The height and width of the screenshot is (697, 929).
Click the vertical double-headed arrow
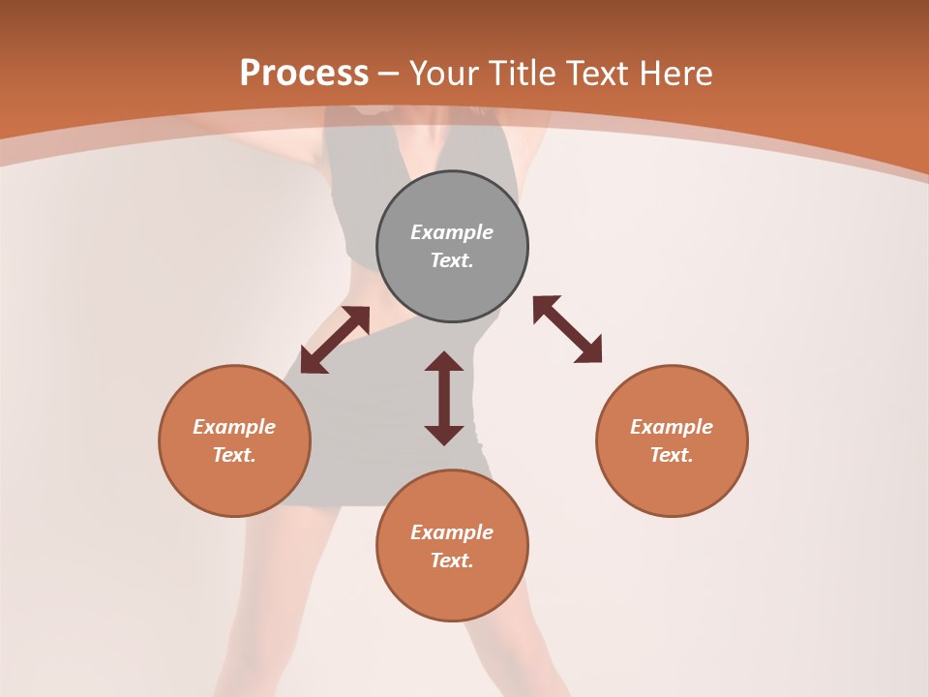(x=444, y=398)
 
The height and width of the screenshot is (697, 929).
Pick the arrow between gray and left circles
(x=335, y=340)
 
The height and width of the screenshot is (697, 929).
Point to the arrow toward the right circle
(x=567, y=329)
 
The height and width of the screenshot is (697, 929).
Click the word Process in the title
(x=304, y=73)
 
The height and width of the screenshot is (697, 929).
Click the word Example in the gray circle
(x=452, y=232)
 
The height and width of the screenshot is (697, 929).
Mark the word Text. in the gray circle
(x=452, y=260)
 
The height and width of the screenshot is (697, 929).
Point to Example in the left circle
(x=234, y=427)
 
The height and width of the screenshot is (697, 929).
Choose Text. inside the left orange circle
(x=234, y=455)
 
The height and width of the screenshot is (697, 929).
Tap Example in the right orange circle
(x=672, y=427)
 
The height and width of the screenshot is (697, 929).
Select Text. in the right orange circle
(x=672, y=455)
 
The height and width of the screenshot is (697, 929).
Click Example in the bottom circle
(x=452, y=532)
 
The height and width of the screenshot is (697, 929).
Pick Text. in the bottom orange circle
(x=452, y=561)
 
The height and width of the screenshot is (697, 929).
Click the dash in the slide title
(x=389, y=74)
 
